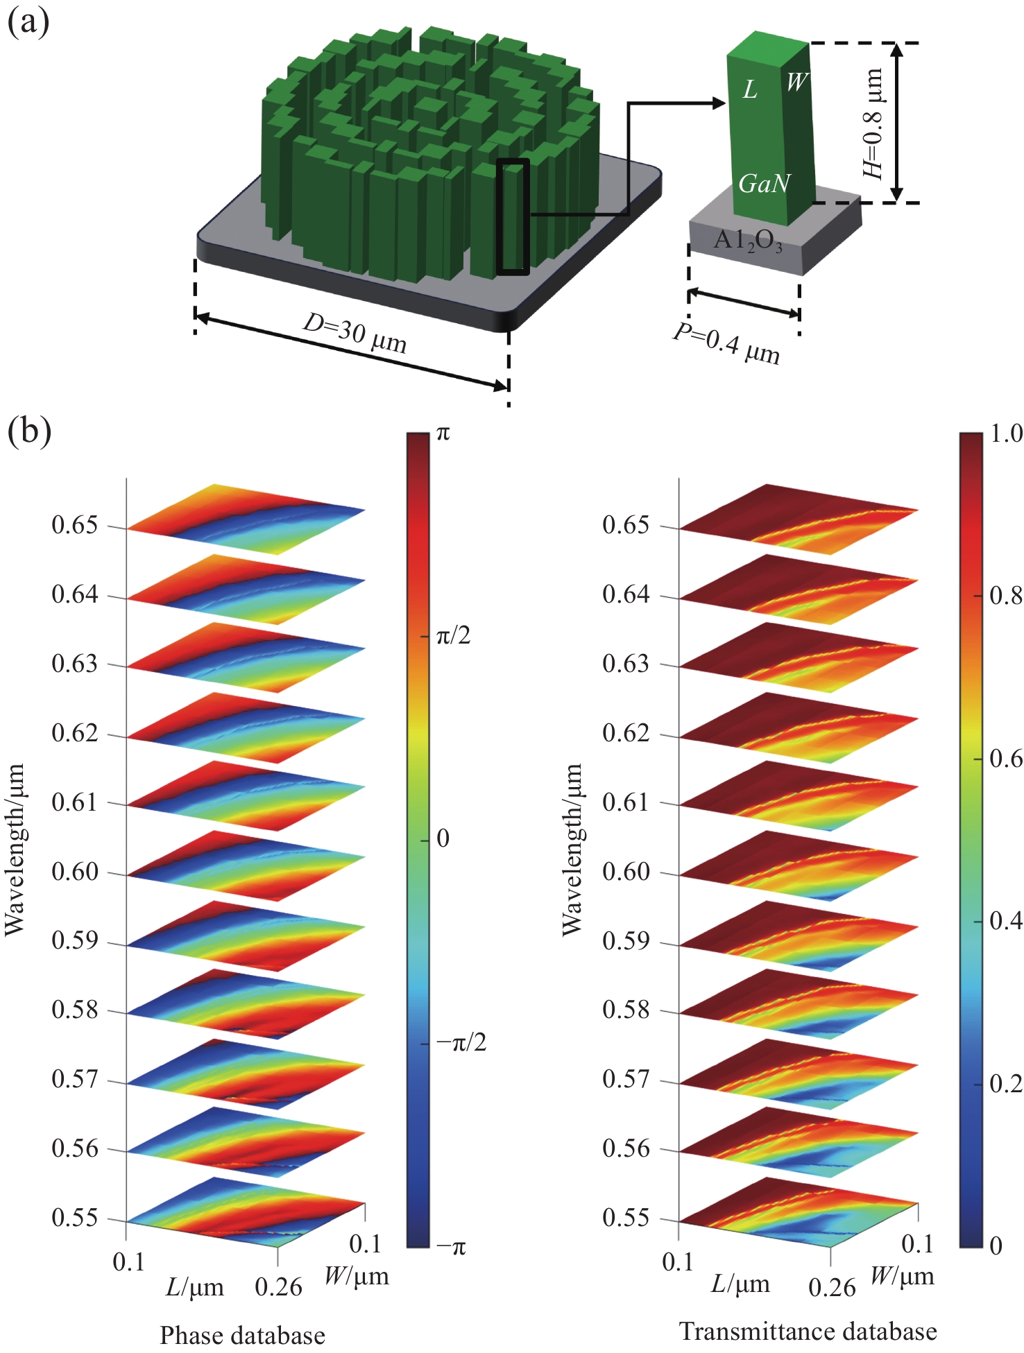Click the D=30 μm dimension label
click(355, 333)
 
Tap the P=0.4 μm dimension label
click(726, 344)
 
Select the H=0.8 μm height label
click(873, 123)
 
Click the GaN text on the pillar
click(764, 184)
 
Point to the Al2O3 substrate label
click(748, 241)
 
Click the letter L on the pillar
click(750, 89)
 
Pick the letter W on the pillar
click(796, 83)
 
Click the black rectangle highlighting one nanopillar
click(513, 216)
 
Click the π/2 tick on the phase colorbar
click(453, 635)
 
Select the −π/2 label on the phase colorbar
click(461, 1042)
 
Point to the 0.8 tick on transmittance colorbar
click(1005, 595)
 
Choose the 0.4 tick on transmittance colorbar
click(1005, 921)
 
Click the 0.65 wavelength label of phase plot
click(75, 525)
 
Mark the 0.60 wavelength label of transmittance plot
click(626, 871)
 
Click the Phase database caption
click(242, 1335)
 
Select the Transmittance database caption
click(808, 1331)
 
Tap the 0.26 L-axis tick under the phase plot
click(278, 1287)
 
